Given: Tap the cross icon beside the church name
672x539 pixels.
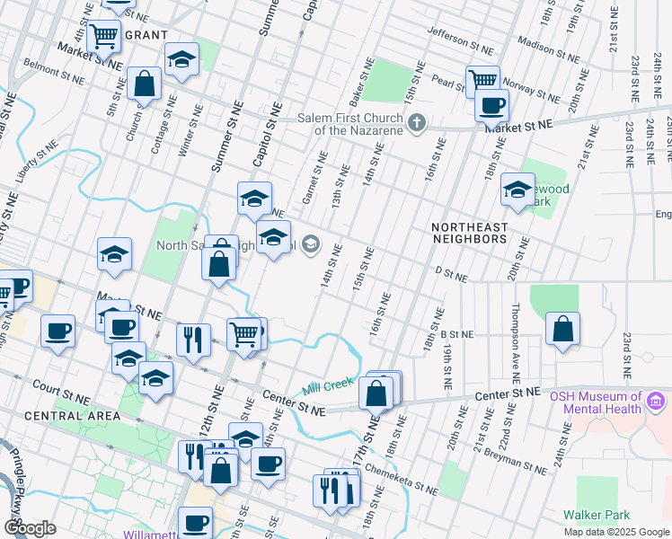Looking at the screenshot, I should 415,123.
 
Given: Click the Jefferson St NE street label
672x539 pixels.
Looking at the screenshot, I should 461,39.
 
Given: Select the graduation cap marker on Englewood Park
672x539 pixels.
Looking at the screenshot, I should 517,190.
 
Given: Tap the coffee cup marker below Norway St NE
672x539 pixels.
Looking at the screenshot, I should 491,105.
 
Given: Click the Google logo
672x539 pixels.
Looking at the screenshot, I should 30,528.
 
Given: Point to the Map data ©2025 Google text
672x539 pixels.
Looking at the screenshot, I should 615,532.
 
